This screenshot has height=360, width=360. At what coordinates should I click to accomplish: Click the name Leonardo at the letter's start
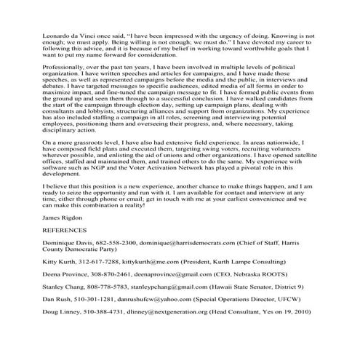click(x=38, y=34)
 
